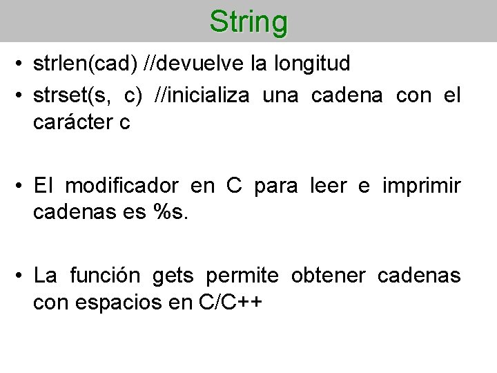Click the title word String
pyautogui.click(x=248, y=21)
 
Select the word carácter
pyautogui.click(x=71, y=123)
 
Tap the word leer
pyautogui.click(x=324, y=186)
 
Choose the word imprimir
pyautogui.click(x=420, y=186)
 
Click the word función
pyautogui.click(x=105, y=276)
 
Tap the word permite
pyautogui.click(x=242, y=276)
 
